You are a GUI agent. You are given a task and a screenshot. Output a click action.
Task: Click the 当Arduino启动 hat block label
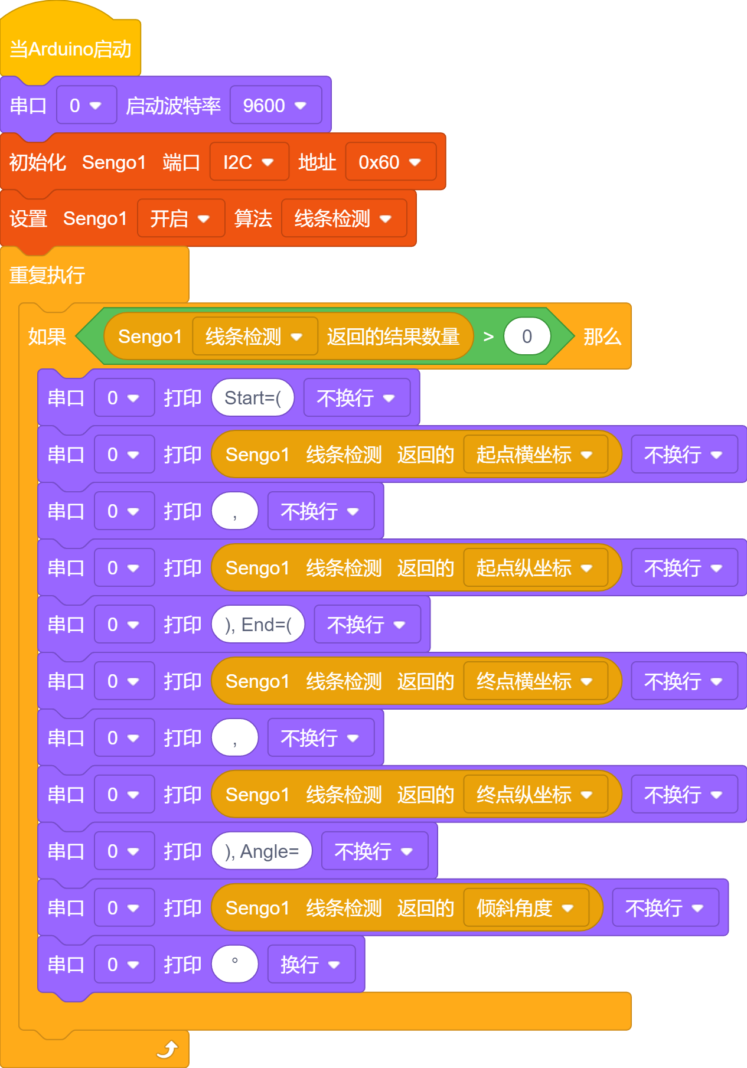(70, 49)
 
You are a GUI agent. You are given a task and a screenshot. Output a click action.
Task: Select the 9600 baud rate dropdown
(276, 105)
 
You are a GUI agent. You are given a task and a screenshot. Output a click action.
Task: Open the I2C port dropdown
(249, 162)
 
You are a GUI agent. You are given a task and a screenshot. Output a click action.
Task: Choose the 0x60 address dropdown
(390, 162)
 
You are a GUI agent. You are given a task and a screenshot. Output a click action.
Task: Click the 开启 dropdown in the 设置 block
(181, 218)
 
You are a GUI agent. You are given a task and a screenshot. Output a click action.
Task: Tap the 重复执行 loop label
(47, 275)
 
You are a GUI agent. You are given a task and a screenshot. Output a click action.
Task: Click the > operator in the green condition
(488, 337)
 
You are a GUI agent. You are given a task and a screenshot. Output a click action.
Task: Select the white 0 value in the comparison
(527, 337)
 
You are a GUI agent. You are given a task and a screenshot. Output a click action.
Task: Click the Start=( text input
(253, 398)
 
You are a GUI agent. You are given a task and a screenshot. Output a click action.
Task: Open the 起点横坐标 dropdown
(536, 455)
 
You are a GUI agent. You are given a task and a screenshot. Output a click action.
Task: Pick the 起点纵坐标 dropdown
(536, 568)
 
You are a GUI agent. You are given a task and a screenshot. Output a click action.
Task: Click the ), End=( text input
(258, 625)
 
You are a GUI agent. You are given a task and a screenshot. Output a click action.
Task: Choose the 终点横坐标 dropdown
(536, 681)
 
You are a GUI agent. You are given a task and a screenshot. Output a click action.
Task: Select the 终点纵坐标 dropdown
(536, 795)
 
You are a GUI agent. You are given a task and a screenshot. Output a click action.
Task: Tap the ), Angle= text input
(262, 851)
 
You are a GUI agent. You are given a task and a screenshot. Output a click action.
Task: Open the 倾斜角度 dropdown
(526, 908)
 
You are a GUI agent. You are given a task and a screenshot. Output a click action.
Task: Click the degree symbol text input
(235, 965)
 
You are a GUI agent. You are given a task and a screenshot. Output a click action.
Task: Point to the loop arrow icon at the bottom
(168, 1049)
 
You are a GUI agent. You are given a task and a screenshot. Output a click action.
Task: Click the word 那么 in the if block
(602, 337)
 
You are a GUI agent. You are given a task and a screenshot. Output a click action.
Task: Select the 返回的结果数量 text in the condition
(393, 337)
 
